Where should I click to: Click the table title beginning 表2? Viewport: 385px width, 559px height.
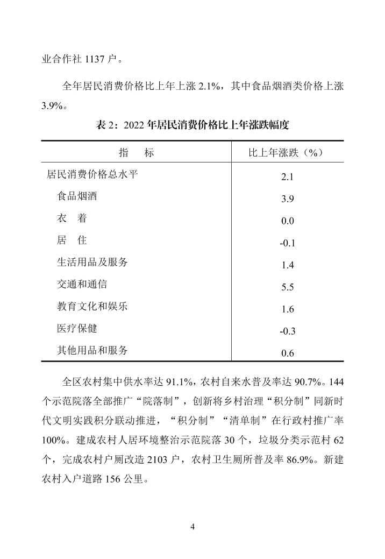point(192,126)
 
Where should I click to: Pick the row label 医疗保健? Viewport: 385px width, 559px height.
point(77,328)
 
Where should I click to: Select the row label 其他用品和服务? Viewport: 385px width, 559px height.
point(92,350)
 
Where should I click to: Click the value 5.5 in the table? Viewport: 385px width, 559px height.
point(287,287)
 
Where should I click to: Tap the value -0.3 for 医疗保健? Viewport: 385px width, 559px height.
point(287,331)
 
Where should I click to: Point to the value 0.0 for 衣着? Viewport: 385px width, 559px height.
point(287,221)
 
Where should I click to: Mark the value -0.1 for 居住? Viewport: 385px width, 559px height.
point(287,243)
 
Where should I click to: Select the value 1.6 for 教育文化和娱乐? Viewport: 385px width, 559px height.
point(287,309)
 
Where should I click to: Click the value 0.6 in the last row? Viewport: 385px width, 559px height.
point(287,353)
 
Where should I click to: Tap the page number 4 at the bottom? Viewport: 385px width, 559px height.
point(192,526)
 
